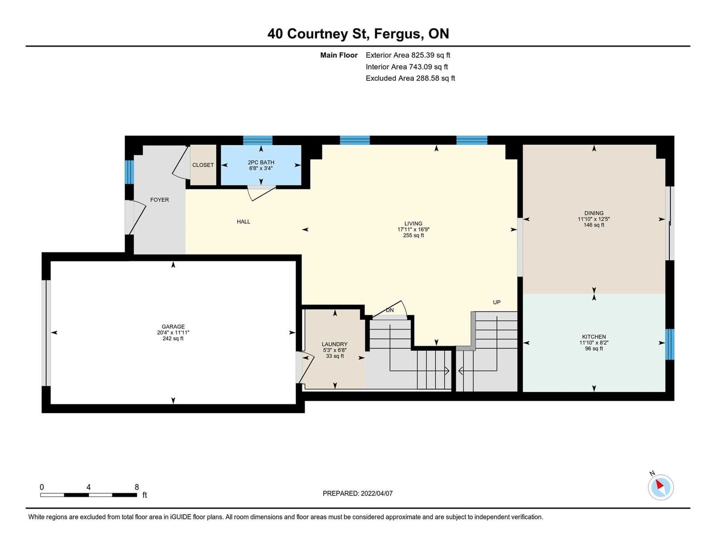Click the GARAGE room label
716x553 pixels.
[x=173, y=327]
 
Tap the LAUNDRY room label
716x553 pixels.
[x=335, y=344]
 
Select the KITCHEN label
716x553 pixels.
[x=594, y=336]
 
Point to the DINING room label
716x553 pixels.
[x=594, y=213]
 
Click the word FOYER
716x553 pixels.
[x=159, y=200]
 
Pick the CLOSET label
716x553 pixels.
[x=203, y=165]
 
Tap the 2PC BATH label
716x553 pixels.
[x=261, y=162]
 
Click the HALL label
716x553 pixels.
[x=243, y=222]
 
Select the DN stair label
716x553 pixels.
[x=390, y=310]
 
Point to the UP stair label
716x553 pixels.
[x=496, y=302]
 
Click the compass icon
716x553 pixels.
[x=660, y=487]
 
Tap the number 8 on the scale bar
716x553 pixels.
[x=137, y=487]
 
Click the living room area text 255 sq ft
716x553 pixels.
[x=413, y=236]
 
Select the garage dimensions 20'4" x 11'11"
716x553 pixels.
[x=173, y=333]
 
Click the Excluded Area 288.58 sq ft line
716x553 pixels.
[x=410, y=78]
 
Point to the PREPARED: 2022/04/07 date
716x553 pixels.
[x=358, y=493]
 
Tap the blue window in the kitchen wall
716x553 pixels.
[x=670, y=344]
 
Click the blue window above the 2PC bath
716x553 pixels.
[x=258, y=140]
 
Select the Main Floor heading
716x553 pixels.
[x=339, y=55]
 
